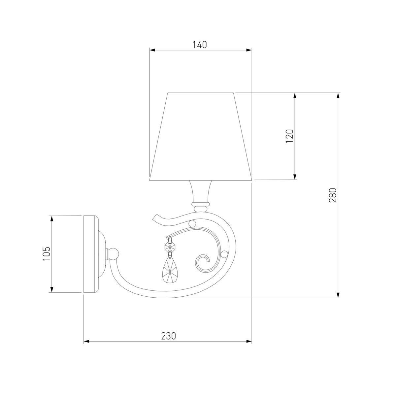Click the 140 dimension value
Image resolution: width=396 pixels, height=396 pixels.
[199, 45]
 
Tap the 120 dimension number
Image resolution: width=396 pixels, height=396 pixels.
[289, 136]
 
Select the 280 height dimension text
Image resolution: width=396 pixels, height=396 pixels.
[333, 195]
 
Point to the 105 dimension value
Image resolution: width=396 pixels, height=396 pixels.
[47, 254]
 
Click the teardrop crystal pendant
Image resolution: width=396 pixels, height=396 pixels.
[170, 272]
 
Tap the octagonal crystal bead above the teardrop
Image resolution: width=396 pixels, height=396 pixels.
[170, 247]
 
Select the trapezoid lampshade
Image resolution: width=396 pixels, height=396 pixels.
[201, 136]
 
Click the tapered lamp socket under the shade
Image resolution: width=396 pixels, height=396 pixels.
[201, 191]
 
